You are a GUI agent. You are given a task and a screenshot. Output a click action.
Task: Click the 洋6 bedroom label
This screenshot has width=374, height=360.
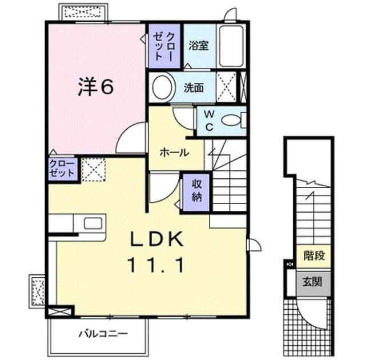(x=96, y=87)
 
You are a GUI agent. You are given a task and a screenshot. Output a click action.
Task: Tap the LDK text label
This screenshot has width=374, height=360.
(x=156, y=239)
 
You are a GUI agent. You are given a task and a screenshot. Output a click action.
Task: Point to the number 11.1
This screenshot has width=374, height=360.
(x=156, y=266)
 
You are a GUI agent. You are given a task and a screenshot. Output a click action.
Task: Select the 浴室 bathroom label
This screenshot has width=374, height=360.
(x=199, y=45)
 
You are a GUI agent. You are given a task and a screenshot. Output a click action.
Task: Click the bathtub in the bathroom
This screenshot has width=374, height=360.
(x=231, y=46)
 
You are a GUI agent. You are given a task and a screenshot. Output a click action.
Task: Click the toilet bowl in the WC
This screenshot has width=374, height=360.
(x=231, y=120)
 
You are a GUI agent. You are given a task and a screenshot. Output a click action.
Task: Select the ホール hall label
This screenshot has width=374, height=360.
(x=174, y=153)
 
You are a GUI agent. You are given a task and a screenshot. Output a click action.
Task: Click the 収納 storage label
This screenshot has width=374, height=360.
(x=197, y=190)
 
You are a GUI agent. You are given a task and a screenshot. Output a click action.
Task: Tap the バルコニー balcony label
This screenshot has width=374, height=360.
(x=103, y=334)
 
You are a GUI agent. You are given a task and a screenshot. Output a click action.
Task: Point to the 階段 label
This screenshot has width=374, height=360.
(x=314, y=255)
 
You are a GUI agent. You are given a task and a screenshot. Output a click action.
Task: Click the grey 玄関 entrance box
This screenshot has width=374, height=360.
(x=313, y=283)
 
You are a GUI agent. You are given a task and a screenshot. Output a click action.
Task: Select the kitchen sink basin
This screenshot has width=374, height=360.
(x=93, y=223)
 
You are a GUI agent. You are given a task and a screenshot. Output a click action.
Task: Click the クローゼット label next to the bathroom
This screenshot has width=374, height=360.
(x=164, y=46)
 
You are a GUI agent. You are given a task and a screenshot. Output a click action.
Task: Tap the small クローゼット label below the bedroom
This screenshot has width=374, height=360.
(x=62, y=169)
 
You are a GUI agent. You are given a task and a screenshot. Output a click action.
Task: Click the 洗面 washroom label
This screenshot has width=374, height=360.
(x=194, y=88)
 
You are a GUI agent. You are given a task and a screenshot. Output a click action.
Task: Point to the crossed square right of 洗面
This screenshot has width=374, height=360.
(x=226, y=87)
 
